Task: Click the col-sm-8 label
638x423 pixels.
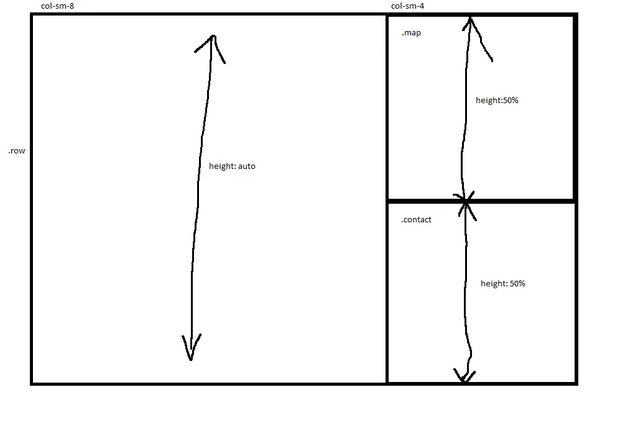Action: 57,6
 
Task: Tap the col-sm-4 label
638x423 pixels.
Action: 407,6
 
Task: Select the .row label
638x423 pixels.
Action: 17,151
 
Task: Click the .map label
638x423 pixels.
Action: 411,33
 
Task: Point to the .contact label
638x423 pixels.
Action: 416,219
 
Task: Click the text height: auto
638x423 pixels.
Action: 232,166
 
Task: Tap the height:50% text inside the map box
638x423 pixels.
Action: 497,101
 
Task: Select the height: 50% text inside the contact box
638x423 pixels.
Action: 503,284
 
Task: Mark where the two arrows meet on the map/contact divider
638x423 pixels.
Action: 466,201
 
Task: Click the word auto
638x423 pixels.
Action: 247,166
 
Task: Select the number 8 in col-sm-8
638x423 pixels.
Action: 72,6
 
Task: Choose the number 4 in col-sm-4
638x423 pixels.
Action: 422,6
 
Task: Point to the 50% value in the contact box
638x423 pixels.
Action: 517,284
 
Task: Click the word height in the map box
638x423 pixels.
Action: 488,101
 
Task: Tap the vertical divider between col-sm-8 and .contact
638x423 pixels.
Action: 387,292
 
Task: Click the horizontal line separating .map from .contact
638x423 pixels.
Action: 481,201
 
